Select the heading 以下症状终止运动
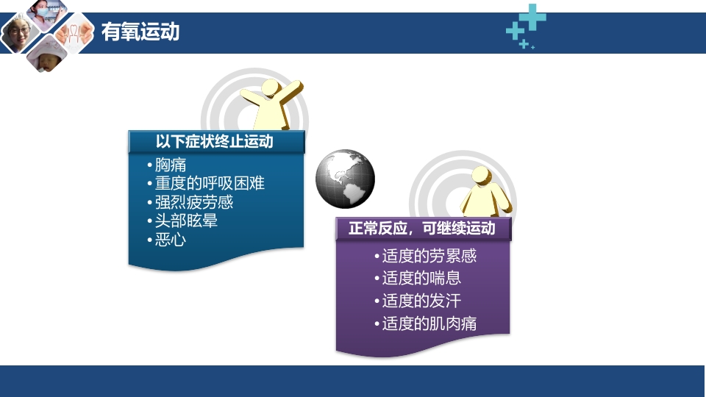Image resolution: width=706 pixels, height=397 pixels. click(x=214, y=142)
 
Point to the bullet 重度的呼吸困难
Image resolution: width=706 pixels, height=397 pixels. click(x=210, y=184)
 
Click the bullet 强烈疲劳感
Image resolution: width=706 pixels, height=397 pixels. click(x=194, y=202)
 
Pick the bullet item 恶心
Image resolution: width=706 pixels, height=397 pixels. click(x=171, y=239)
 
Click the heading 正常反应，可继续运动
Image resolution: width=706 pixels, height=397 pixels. click(x=421, y=229)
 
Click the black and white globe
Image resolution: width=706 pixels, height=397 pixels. click(x=345, y=179)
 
